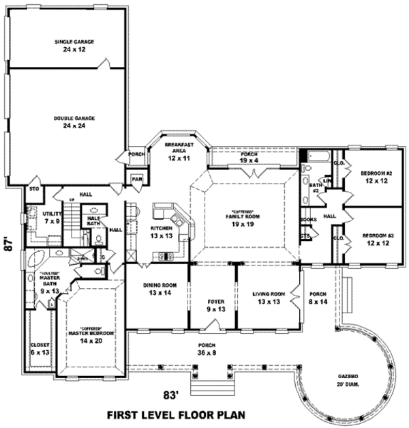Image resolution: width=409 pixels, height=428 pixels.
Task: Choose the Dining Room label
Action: pos(160,289)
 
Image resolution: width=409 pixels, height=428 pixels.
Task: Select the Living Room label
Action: pos(267,298)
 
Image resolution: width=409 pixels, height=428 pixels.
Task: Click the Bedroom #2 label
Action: pos(374,177)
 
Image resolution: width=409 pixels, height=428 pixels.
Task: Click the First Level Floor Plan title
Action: pos(176,414)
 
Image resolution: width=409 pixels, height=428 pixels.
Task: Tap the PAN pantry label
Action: pos(137,180)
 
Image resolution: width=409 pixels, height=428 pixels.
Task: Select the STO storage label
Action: pos(32,188)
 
